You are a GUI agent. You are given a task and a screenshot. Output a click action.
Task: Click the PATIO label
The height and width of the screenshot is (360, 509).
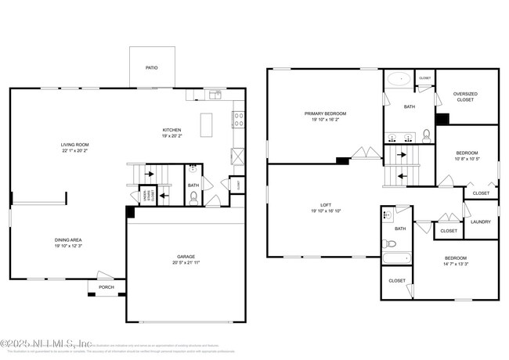coord(151,68)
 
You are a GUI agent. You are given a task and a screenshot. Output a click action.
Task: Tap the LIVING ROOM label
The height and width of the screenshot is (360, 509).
coord(78,145)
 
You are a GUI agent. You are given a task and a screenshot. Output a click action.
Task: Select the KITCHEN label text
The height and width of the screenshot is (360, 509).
coord(172,130)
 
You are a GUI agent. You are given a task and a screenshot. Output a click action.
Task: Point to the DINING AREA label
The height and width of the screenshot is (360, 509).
coord(68,240)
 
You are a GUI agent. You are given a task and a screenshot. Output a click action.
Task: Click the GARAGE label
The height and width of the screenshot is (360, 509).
coord(186,256)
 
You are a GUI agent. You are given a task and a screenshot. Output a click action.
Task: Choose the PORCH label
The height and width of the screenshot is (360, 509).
coord(106,287)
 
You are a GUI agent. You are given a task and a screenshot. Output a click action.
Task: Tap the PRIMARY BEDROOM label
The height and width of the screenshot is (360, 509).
coord(325,113)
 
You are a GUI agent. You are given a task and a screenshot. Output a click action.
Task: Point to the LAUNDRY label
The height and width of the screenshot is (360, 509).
coord(481,221)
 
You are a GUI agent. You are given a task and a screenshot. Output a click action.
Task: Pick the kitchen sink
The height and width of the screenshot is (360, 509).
coord(213,95)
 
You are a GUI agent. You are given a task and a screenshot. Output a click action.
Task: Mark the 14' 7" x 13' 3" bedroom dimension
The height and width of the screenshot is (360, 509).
coord(456,265)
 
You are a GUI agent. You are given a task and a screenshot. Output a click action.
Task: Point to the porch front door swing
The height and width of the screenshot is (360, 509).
coord(104,275)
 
